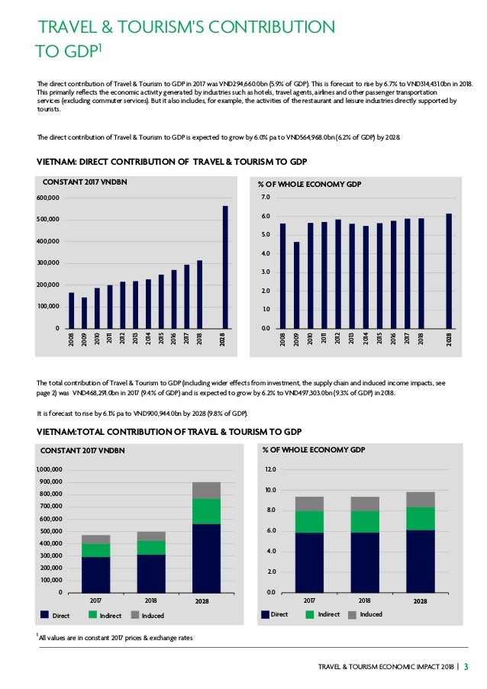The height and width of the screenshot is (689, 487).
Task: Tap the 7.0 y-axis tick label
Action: coord(266,198)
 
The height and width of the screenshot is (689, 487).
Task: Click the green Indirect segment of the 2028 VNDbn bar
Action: coord(206,510)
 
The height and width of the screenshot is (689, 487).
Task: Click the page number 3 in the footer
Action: coord(467,669)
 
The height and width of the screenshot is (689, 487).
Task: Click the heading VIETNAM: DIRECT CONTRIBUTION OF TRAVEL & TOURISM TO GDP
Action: coord(172,161)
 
